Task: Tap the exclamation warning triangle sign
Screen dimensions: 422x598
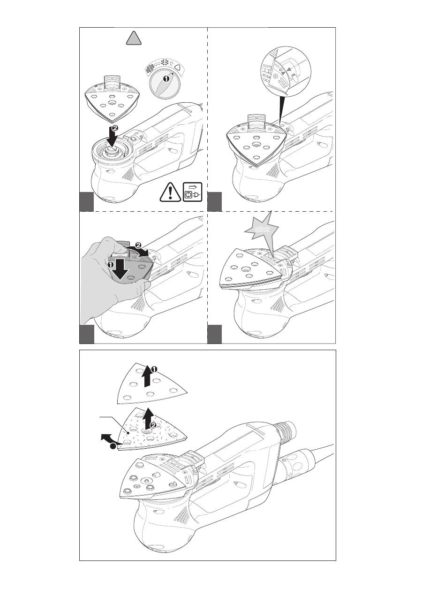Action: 170,192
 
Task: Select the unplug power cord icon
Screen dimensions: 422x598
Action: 193,192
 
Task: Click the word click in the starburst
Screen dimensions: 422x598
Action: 262,229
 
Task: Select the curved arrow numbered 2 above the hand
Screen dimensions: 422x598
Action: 140,249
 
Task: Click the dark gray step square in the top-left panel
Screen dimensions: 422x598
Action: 87,201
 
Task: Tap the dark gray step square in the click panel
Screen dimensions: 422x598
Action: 214,334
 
